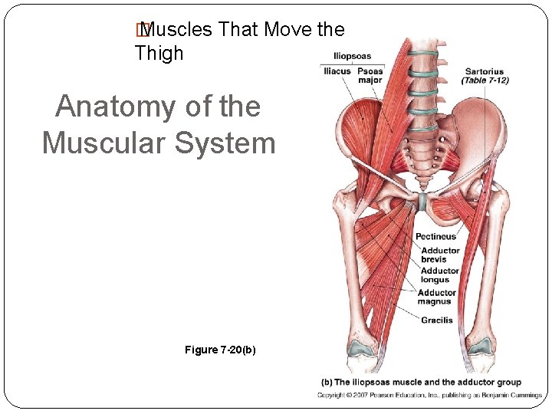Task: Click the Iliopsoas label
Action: pyautogui.click(x=352, y=56)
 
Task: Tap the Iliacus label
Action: pyautogui.click(x=337, y=71)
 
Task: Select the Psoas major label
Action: pyautogui.click(x=370, y=75)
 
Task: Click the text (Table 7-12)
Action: pyautogui.click(x=485, y=80)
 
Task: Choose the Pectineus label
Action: pyautogui.click(x=435, y=237)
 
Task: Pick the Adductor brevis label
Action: pyautogui.click(x=440, y=255)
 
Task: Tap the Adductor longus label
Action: pyautogui.click(x=440, y=275)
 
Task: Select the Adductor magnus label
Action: pyautogui.click(x=437, y=297)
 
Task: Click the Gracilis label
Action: pyautogui.click(x=436, y=320)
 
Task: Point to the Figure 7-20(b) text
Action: pyautogui.click(x=220, y=350)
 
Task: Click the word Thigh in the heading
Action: pyautogui.click(x=159, y=53)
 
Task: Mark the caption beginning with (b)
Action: pyautogui.click(x=420, y=382)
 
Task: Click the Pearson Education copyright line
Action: pyautogui.click(x=430, y=396)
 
